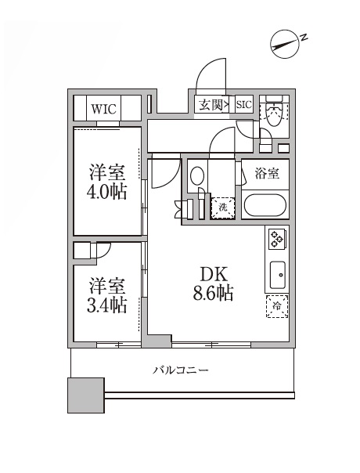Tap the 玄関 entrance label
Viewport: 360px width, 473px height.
click(210, 104)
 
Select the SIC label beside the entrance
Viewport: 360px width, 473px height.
click(243, 104)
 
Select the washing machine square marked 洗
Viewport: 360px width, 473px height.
click(222, 208)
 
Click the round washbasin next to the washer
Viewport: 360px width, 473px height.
click(198, 176)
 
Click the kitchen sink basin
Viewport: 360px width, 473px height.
click(277, 275)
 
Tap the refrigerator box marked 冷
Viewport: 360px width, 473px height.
click(276, 307)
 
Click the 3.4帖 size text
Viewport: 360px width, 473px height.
click(108, 305)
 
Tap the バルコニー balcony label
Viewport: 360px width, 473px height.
click(180, 370)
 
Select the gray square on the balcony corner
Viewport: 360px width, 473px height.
click(85, 395)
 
